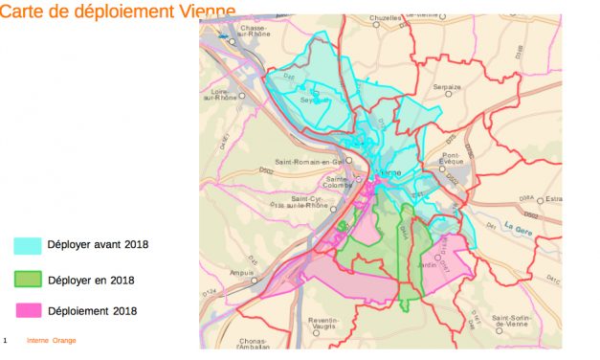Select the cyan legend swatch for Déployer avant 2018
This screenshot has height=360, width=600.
tap(27, 245)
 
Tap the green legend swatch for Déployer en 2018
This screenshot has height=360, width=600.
tap(27, 280)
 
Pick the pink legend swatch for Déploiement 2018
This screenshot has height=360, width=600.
tap(27, 310)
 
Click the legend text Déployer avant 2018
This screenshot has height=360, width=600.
tap(98, 245)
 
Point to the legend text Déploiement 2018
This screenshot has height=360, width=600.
tap(92, 311)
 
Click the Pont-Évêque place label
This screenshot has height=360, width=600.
tap(453, 158)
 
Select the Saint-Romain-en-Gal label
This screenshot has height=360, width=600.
tap(307, 161)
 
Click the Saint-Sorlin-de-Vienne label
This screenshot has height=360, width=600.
tap(518, 321)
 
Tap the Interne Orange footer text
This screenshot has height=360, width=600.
tap(52, 340)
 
